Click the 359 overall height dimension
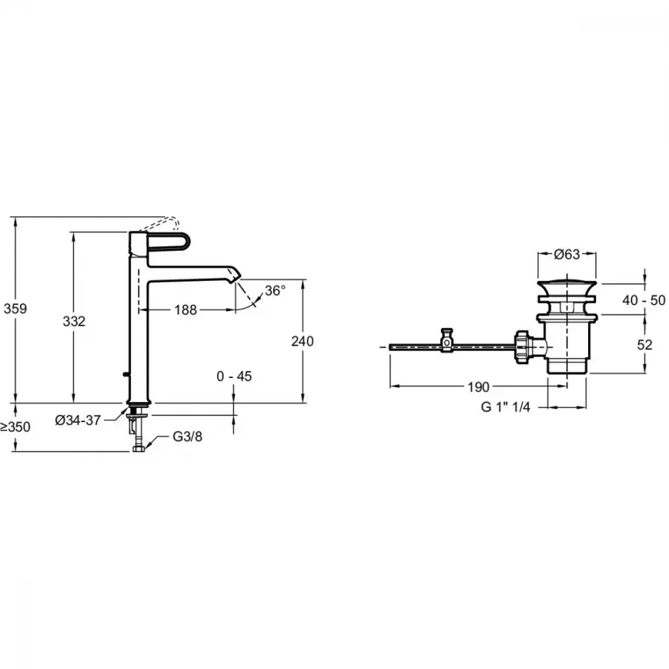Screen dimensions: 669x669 click(15, 308)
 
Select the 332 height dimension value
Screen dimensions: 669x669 click(74, 321)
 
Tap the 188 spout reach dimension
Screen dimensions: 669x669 click(185, 310)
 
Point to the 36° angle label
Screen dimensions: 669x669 click(275, 291)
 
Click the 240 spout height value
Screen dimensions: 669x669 click(302, 341)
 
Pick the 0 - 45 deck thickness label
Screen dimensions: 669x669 click(234, 376)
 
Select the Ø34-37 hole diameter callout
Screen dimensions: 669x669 click(78, 420)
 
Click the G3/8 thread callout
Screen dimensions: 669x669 click(187, 436)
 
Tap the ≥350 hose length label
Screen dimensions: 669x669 click(15, 427)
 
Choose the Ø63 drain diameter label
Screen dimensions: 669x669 click(567, 254)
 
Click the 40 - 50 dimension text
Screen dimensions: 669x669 click(644, 300)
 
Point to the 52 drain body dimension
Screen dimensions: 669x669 click(645, 345)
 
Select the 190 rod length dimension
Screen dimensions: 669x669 click(478, 387)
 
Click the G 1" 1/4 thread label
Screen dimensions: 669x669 click(506, 407)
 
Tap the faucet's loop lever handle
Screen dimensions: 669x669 click(167, 243)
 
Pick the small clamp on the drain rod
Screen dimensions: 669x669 click(447, 340)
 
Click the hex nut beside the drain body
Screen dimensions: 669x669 click(522, 347)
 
